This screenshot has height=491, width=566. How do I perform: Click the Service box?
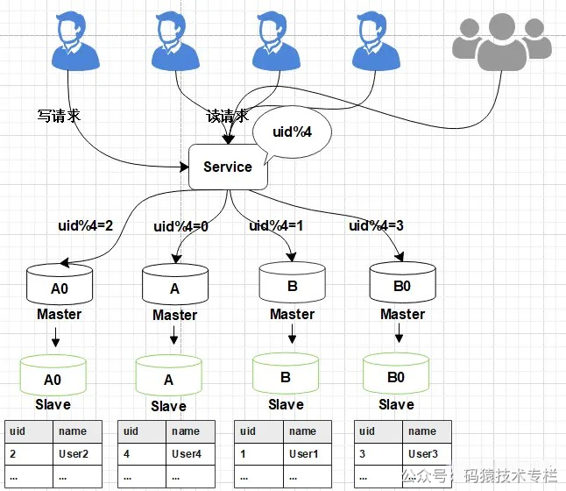click(228, 167)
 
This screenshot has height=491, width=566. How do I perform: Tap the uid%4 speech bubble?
click(291, 132)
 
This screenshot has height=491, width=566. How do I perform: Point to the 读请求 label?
click(227, 116)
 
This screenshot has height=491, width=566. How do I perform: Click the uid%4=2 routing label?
click(86, 225)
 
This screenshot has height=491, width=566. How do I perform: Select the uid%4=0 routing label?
click(181, 226)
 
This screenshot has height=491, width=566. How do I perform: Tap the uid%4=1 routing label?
click(278, 225)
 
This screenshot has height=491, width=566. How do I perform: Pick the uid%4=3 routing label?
click(377, 225)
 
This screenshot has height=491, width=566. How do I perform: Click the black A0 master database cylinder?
click(60, 284)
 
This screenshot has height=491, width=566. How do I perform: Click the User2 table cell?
click(74, 454)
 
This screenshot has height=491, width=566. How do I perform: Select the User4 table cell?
click(187, 454)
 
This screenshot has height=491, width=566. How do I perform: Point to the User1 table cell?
click(304, 454)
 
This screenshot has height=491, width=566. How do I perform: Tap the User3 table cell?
click(423, 454)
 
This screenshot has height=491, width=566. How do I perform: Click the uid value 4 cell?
click(130, 454)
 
